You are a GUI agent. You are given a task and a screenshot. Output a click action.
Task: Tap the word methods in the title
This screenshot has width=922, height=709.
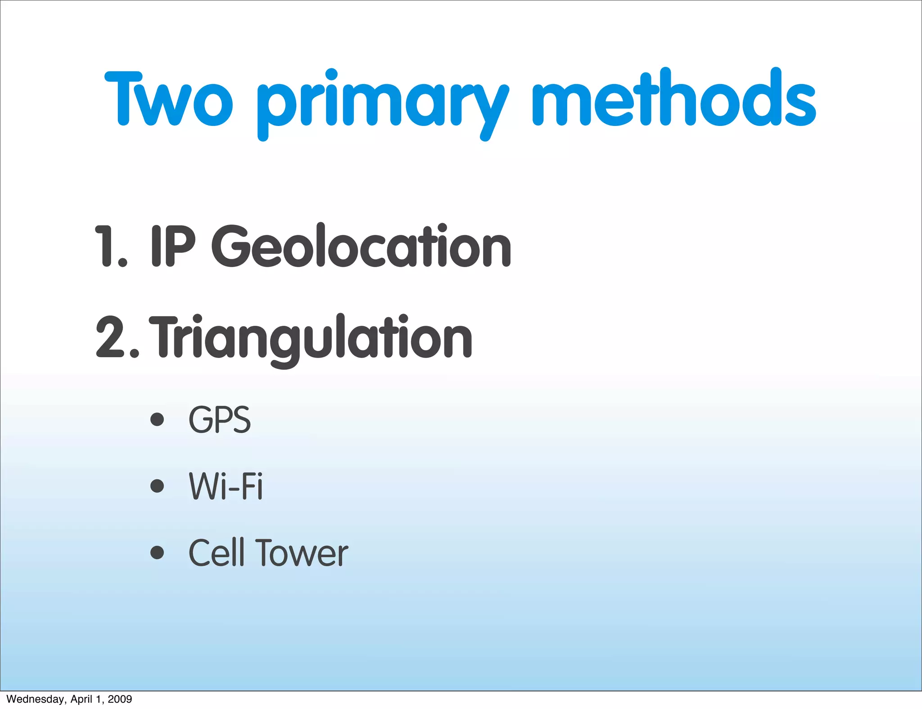click(x=673, y=98)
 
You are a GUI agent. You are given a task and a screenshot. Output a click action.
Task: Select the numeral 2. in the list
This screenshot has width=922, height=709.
click(x=117, y=337)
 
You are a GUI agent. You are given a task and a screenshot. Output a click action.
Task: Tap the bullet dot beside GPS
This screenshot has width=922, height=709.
click(x=157, y=419)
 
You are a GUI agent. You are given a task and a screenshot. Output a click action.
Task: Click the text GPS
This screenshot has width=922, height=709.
click(x=220, y=420)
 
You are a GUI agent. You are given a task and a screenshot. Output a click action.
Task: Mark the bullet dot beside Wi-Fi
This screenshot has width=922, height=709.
click(x=157, y=486)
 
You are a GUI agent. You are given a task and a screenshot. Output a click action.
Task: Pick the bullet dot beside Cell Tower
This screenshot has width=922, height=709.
click(x=157, y=552)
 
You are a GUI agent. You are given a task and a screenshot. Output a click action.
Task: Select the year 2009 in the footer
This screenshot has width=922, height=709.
click(x=120, y=699)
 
